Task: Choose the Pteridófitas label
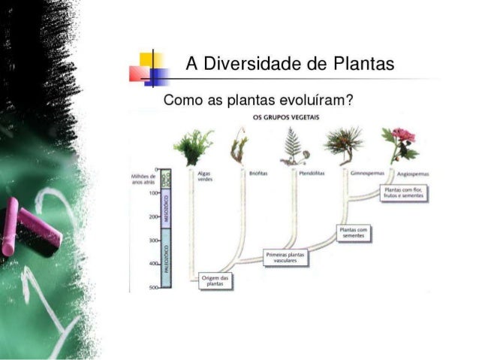[x=310, y=173]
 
